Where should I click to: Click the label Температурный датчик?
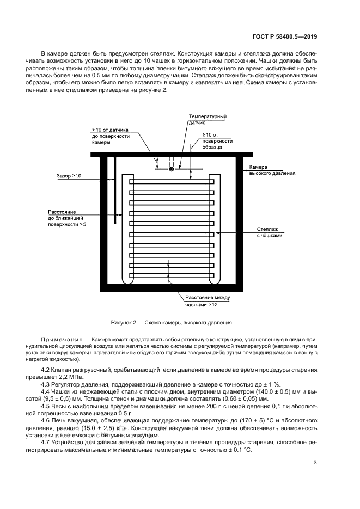[207, 120]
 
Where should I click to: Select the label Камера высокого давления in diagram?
[272, 170]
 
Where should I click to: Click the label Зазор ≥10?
[69, 176]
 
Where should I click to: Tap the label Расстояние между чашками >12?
[208, 302]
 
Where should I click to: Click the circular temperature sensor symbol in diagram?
[171, 169]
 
